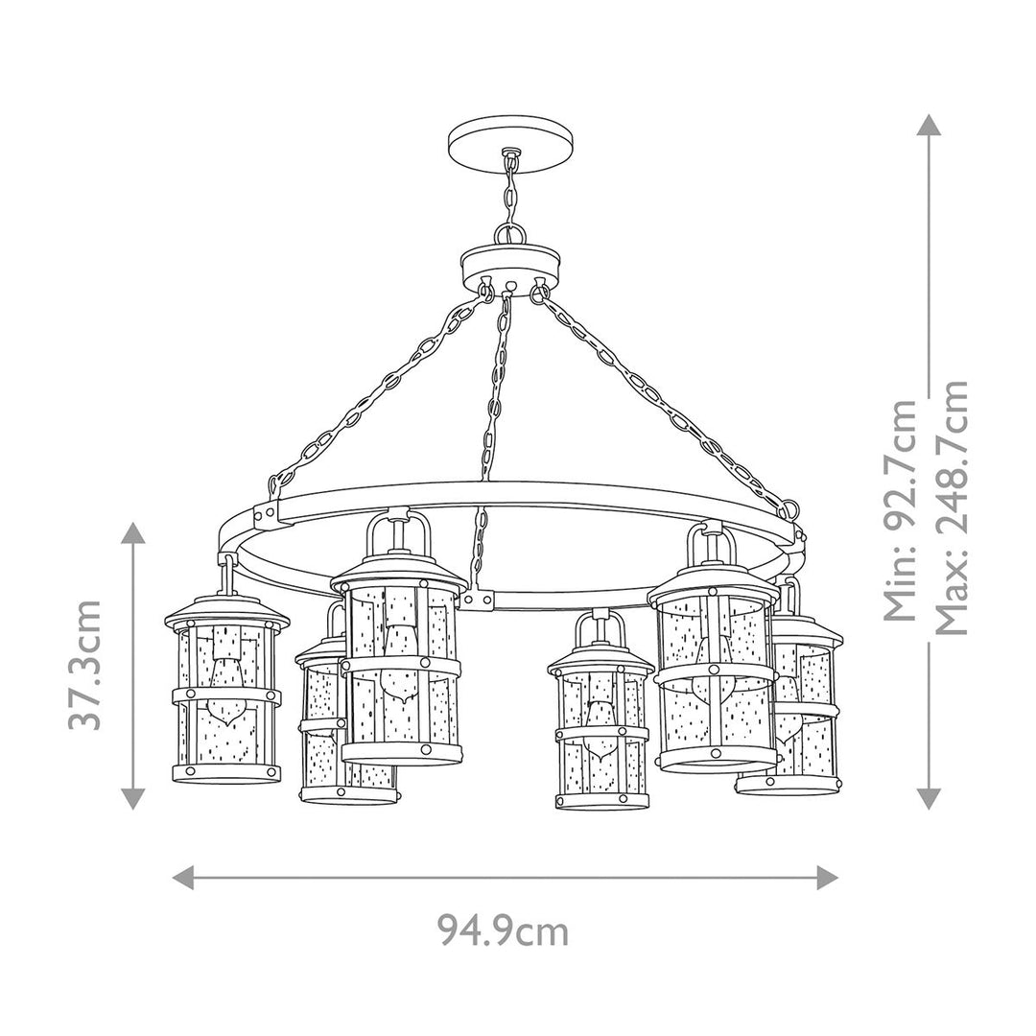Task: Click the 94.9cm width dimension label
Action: (503, 930)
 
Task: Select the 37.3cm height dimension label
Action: (86, 664)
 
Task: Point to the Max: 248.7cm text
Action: (952, 508)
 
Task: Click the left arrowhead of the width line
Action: (183, 876)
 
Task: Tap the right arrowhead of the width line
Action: (827, 876)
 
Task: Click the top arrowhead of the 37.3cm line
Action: (132, 533)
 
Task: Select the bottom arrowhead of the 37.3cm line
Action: (132, 797)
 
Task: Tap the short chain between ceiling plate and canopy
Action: (509, 197)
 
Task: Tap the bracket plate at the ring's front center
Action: (476, 600)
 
